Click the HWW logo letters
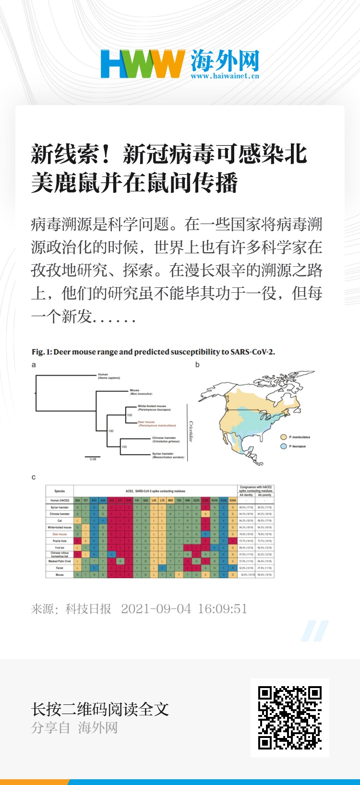[143, 64]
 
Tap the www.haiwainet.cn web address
[225, 76]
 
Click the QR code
[289, 717]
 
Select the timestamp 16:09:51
[222, 609]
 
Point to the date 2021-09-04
[156, 609]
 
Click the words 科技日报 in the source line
[88, 609]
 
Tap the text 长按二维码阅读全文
[100, 709]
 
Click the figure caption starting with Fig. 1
[153, 352]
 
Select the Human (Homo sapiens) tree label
[109, 376]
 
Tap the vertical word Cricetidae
[191, 431]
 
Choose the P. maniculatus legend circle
[284, 437]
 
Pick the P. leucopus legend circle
[284, 446]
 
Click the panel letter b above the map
[197, 365]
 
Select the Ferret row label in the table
[60, 568]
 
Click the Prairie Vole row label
[60, 541]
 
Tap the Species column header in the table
[60, 491]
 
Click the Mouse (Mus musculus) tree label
[141, 392]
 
